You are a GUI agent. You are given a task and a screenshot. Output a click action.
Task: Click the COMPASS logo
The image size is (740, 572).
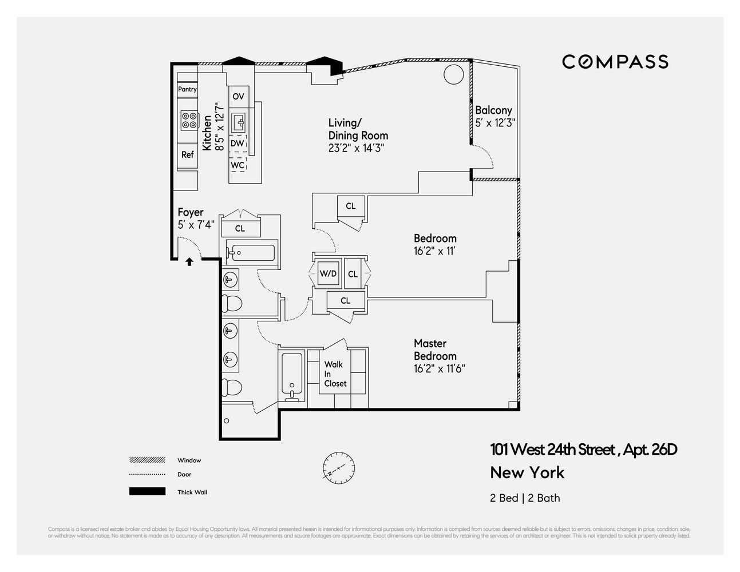click(615, 62)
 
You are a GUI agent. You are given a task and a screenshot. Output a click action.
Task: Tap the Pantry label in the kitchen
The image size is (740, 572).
click(187, 89)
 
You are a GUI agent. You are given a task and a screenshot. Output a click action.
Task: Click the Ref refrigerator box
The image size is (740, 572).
click(187, 154)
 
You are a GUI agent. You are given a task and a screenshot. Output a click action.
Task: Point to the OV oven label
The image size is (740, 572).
click(238, 96)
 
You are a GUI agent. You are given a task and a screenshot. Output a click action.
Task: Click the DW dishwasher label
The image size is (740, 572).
click(237, 144)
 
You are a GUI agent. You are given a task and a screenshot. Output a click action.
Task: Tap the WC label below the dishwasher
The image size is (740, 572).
click(238, 165)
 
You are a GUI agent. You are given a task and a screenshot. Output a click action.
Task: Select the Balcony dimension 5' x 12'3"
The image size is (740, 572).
click(495, 122)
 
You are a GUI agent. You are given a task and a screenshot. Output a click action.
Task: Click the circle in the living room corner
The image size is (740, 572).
click(454, 74)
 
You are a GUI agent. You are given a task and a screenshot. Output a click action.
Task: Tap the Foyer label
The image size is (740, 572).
click(190, 212)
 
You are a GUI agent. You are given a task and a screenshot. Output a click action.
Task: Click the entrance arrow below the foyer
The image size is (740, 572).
click(189, 262)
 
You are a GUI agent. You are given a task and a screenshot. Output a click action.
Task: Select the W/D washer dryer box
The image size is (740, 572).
click(328, 273)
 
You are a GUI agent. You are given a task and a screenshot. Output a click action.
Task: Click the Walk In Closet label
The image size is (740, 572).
click(335, 374)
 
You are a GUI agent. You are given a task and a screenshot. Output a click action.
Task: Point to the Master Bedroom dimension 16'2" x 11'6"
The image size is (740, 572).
click(439, 369)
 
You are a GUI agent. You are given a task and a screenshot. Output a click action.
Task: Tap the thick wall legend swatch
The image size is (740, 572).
click(147, 491)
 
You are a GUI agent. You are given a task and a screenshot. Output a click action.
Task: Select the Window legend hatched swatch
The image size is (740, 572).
click(147, 460)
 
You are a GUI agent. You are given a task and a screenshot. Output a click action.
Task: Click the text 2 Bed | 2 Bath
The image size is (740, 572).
click(525, 498)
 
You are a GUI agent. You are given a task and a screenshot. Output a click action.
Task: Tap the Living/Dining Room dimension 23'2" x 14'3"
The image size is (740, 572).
click(356, 148)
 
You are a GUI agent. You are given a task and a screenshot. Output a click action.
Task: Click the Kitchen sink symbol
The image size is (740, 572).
click(238, 122)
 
